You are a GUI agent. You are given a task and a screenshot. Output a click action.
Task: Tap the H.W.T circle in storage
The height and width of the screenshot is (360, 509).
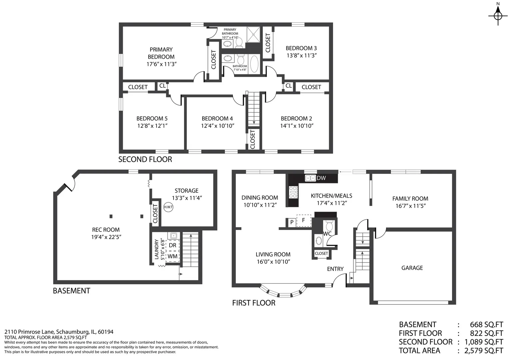coord(168,207)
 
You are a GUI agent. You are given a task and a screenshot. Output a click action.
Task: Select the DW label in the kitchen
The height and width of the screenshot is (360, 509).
coord(321,178)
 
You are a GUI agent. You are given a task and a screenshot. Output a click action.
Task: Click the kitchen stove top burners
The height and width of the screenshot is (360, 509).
coord(293,192)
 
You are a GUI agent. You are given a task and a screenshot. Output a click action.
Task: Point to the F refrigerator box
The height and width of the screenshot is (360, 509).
coord(303,220)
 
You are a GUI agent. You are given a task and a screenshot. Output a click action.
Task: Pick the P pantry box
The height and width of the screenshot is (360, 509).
coord(292,222)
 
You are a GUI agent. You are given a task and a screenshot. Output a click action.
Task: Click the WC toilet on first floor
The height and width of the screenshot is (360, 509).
coord(329,226)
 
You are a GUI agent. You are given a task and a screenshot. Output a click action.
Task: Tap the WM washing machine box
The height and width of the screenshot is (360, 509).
coord(173,256)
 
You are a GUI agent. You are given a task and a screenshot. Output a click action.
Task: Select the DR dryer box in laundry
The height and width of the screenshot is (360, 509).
coord(173,245)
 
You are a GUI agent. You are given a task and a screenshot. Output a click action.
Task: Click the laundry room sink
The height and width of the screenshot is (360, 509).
coord(174,236)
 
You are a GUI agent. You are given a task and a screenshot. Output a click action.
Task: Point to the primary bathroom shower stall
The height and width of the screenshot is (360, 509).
coord(254,34)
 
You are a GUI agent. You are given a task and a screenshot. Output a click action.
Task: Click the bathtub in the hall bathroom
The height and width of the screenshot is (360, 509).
coord(254,64)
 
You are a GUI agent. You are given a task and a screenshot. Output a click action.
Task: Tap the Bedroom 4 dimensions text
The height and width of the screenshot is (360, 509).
coord(218,126)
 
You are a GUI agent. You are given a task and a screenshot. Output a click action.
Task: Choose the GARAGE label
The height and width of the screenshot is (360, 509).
coord(412,268)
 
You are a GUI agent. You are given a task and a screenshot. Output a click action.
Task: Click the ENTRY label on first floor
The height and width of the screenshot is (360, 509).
coord(335,269)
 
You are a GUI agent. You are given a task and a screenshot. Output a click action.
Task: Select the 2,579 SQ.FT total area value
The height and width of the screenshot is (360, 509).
coord(484,350)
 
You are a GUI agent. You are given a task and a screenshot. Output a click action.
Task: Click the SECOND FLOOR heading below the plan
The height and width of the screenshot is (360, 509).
coord(145,159)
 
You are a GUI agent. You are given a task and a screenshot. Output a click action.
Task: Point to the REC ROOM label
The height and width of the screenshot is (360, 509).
coord(106,230)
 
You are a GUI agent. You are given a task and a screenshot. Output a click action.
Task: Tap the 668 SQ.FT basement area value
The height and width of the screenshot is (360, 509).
coord(486,324)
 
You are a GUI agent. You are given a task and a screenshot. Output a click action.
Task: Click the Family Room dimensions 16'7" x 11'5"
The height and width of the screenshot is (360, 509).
coord(410,206)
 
